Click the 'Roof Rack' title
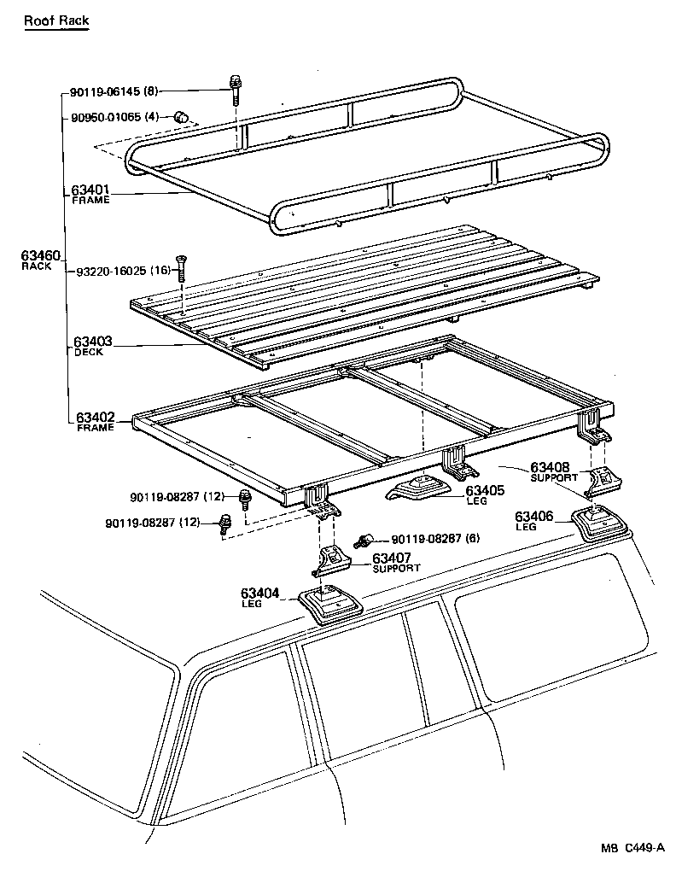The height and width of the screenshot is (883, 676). (x=55, y=20)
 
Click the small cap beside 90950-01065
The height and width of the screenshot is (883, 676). (x=181, y=116)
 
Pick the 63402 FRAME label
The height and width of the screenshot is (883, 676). (x=94, y=421)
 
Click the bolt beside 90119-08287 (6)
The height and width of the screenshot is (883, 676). (x=364, y=539)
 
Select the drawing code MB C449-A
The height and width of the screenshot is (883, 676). (x=632, y=849)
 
